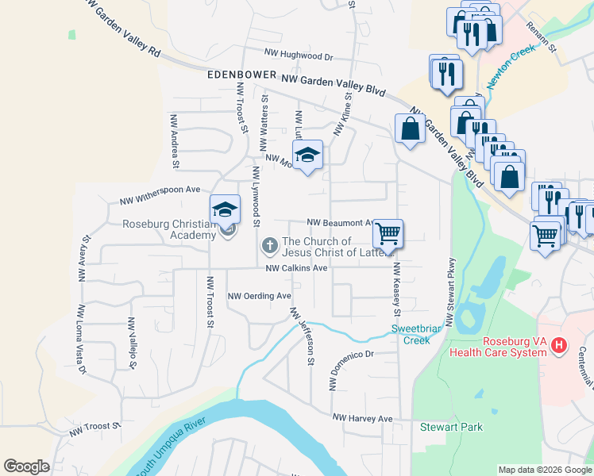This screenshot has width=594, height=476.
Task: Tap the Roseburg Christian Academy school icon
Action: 225,210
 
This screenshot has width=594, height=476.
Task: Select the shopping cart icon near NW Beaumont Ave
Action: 388,234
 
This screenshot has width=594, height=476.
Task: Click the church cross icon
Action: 269,247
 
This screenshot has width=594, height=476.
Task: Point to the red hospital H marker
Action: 559,345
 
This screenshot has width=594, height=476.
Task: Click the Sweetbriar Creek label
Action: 411,334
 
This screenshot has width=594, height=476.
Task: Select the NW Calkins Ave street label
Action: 296,268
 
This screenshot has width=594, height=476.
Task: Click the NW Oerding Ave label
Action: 260,296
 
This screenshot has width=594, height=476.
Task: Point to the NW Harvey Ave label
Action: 362,417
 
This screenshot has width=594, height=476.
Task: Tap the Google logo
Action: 26,466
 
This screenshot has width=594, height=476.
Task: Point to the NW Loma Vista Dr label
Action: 80,340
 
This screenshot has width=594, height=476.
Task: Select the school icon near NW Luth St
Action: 307,155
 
